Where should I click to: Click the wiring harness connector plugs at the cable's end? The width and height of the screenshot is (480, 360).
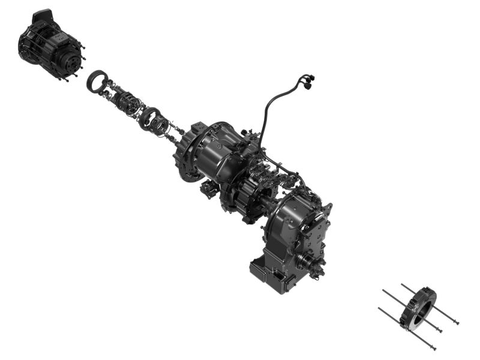307,80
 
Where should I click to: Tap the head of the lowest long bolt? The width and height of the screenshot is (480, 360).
433,347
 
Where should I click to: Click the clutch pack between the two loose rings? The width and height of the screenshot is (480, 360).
127,102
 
